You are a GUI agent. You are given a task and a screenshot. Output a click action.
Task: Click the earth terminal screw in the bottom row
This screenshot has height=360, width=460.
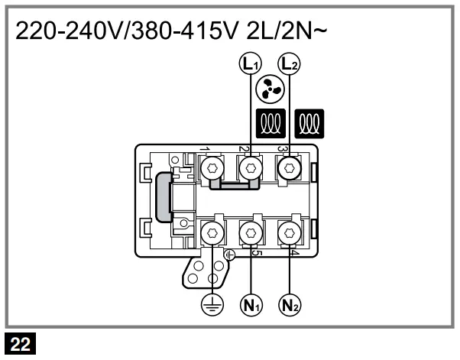click(x=209, y=231)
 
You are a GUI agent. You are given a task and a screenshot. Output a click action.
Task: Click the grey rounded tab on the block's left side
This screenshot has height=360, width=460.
click(x=163, y=196)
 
